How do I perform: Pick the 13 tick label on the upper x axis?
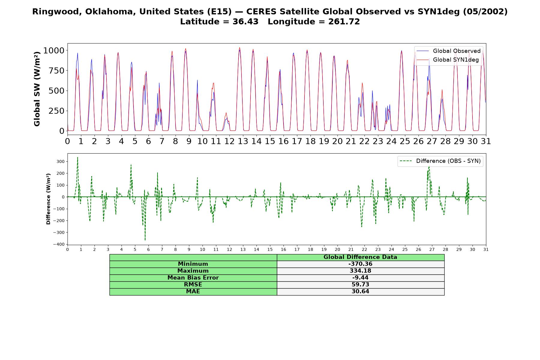pos(243,141)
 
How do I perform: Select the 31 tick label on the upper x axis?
pos(486,141)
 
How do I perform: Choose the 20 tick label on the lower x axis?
pos(337,249)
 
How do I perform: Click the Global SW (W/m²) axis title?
pos(37,89)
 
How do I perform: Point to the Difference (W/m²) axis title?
pos(48,199)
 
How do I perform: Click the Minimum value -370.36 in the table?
pos(360,264)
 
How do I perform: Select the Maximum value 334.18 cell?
pos(360,271)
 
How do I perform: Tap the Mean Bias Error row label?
pos(193,278)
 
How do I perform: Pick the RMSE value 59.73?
pos(360,285)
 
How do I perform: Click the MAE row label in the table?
pos(193,292)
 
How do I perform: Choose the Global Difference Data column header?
pos(360,257)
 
